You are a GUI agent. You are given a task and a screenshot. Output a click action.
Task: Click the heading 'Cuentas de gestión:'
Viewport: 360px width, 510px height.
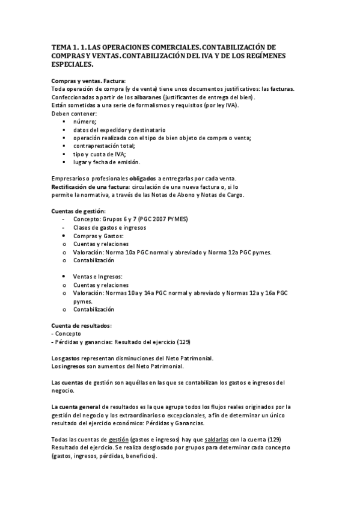(x=78, y=211)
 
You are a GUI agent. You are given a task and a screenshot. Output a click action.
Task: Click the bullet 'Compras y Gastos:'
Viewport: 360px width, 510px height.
(x=99, y=236)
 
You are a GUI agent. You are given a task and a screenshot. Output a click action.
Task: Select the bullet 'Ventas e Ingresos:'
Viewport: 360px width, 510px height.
(x=98, y=276)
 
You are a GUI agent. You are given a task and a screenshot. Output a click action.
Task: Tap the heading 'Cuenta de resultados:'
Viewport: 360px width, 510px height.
(x=81, y=325)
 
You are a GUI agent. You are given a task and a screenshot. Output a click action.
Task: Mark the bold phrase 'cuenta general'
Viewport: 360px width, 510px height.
(x=82, y=407)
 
